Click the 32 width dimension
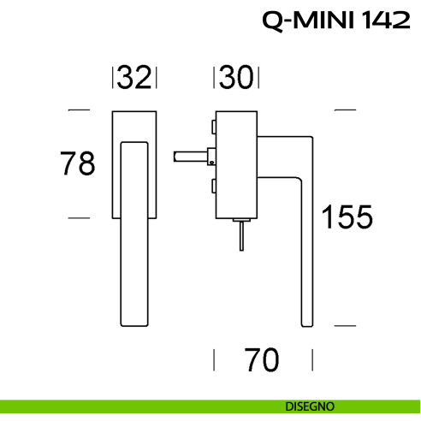tap(135, 78)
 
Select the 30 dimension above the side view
tap(236, 78)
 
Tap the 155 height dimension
tap(347, 217)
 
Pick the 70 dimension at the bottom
tap(262, 361)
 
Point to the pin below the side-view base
tap(242, 237)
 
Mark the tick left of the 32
tap(113, 79)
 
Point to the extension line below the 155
tap(344, 325)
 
